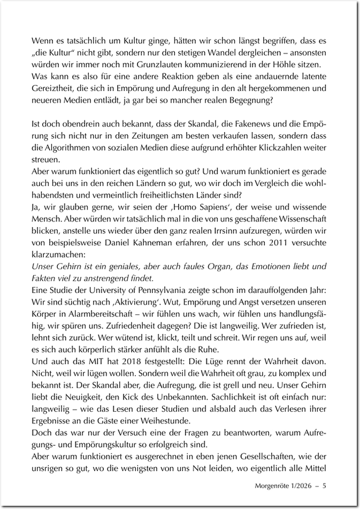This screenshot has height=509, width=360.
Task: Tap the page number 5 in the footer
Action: (325, 486)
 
